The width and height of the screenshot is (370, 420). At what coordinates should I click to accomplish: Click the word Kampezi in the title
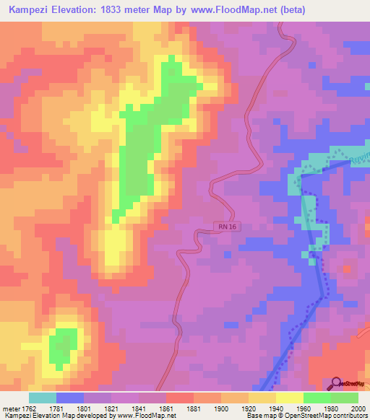(30, 10)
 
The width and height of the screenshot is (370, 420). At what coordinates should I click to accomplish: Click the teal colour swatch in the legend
(43, 398)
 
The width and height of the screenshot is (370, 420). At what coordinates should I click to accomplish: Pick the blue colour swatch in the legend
(70, 398)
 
